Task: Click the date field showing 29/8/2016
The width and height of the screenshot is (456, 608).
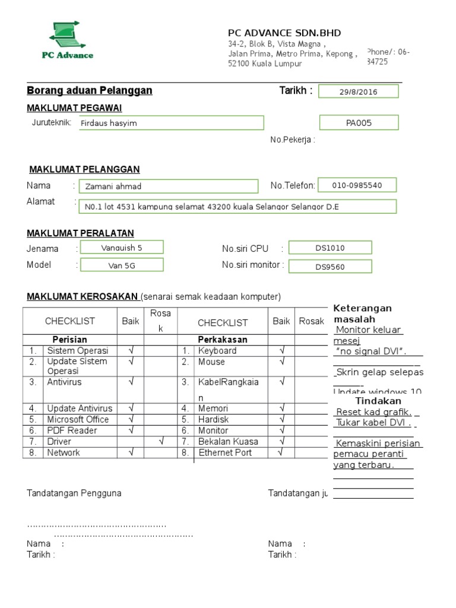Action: click(x=359, y=91)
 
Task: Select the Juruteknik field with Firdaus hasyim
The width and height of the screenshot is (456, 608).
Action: click(x=171, y=123)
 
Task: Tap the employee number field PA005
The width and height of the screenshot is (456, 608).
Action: click(x=359, y=123)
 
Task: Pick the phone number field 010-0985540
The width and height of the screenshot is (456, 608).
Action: click(x=357, y=185)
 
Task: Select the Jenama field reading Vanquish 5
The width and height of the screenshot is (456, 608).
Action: click(x=121, y=247)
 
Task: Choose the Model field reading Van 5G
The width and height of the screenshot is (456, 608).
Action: click(x=121, y=265)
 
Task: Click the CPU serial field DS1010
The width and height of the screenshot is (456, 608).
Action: click(x=330, y=248)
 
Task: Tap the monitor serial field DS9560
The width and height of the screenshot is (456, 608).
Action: click(x=330, y=267)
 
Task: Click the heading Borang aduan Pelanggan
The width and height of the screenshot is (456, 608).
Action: click(x=90, y=90)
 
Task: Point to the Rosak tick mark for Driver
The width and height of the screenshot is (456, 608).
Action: click(x=161, y=442)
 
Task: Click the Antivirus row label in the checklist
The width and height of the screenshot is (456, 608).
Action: click(x=65, y=382)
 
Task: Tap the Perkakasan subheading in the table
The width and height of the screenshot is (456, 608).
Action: click(x=223, y=340)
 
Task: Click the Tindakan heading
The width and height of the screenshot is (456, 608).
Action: click(x=378, y=401)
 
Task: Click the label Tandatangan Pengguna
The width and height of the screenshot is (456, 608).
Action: click(x=74, y=493)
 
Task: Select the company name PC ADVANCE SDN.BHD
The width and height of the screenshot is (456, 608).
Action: click(x=284, y=33)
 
